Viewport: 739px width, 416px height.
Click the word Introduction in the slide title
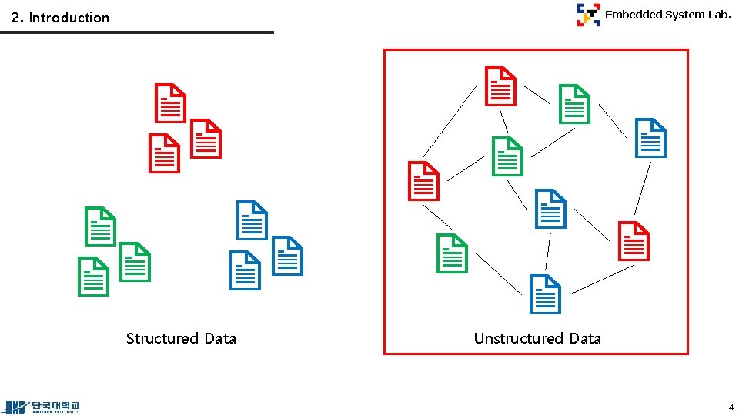tap(69, 17)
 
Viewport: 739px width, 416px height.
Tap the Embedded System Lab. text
tap(667, 14)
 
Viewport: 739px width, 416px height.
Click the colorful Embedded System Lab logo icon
tap(588, 15)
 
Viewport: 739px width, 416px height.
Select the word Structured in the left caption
tap(162, 338)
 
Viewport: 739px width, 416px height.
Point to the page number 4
tap(731, 406)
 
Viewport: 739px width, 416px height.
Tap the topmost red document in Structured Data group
tap(170, 102)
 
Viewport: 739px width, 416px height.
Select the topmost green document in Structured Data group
tap(100, 226)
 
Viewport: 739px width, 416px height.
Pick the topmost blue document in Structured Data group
tap(252, 220)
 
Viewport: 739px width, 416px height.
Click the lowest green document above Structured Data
tap(93, 276)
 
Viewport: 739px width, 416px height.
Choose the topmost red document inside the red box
tap(500, 86)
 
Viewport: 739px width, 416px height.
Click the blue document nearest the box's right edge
tap(650, 138)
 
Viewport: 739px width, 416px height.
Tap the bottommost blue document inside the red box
tap(546, 294)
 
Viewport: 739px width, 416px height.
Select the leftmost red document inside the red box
tap(423, 181)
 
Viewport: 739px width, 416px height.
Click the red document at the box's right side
tap(634, 241)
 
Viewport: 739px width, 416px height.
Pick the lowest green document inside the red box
tap(452, 253)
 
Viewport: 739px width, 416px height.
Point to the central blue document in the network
tap(550, 208)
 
